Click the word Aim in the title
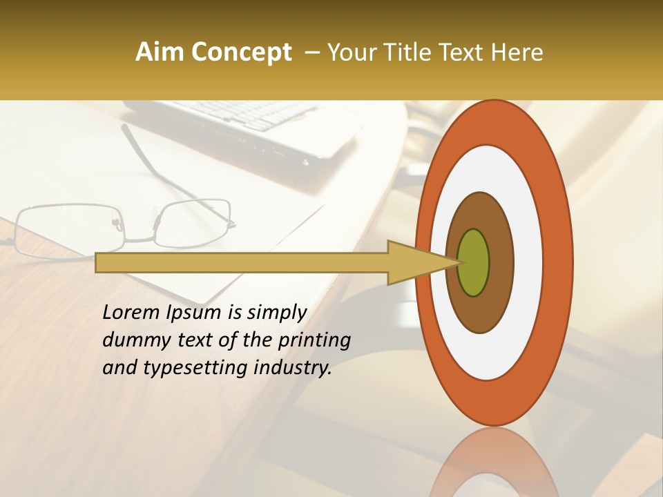point(160,52)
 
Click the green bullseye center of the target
point(474,262)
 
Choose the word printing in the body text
point(314,341)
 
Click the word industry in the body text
point(293,368)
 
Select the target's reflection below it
point(494,462)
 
